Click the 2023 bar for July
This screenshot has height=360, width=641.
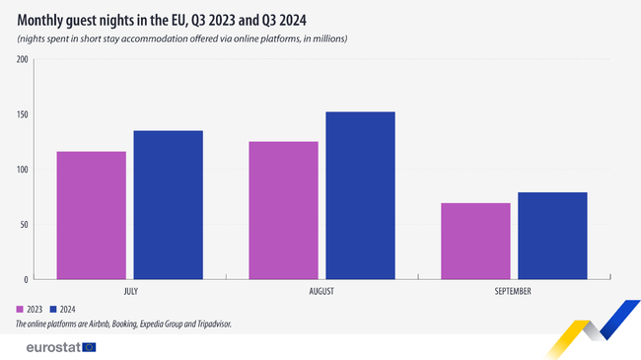click(91, 215)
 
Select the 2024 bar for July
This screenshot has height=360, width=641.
click(168, 205)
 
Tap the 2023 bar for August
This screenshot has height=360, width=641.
click(283, 210)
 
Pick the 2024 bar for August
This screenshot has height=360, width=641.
click(360, 195)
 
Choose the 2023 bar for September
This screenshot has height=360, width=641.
click(475, 241)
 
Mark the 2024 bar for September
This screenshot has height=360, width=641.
click(552, 236)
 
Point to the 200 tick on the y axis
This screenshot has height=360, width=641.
click(22, 60)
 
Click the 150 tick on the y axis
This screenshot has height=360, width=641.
click(22, 114)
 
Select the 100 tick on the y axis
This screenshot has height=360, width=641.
click(22, 170)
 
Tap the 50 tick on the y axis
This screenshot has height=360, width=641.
click(24, 224)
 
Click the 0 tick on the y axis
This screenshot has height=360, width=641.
click(26, 279)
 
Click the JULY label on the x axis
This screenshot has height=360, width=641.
click(130, 292)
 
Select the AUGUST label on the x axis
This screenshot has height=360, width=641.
click(321, 292)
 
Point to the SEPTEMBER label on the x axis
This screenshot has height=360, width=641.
click(513, 292)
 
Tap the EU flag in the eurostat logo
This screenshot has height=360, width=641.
click(90, 346)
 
